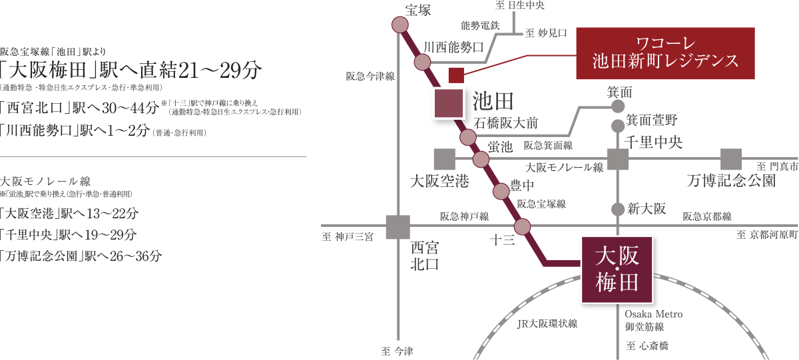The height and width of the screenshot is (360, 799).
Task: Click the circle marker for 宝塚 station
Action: pos(400,25)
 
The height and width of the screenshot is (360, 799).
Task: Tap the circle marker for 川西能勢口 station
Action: pos(422,63)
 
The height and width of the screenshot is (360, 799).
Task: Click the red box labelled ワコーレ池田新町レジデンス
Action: pos(665,54)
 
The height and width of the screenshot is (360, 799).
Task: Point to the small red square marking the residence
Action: pos(456,75)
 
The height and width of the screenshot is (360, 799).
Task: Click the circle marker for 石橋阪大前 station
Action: pos(468,138)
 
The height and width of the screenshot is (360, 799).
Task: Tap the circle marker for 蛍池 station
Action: pos(481,160)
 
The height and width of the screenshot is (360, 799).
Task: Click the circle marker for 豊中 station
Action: pos(501,192)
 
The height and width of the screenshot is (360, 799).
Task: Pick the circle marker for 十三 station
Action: pos(522,227)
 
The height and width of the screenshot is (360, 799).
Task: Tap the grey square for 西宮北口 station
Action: pos(398,227)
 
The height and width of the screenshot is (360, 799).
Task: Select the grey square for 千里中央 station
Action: pos(618,160)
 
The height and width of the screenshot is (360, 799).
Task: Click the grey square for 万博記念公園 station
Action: pos(731,160)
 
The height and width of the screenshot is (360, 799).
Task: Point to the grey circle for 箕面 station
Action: pos(618,106)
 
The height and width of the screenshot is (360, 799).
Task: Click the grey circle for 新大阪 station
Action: pos(618,209)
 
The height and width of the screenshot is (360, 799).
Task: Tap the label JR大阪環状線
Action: pos(547,324)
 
